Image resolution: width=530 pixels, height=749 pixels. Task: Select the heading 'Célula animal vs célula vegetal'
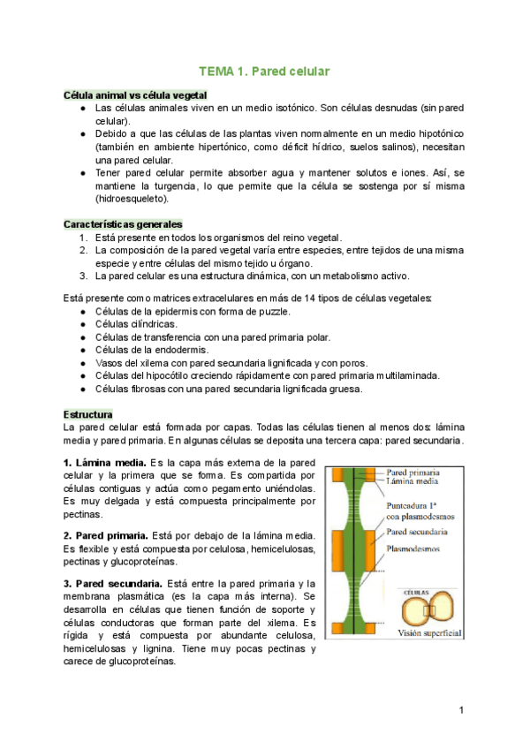(135, 95)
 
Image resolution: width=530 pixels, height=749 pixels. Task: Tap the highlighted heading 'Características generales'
(123, 224)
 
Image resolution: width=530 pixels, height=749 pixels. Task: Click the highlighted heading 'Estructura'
(87, 413)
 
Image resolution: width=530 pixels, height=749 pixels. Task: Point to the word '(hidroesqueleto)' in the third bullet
(132, 200)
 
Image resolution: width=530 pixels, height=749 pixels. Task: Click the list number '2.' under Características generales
(83, 250)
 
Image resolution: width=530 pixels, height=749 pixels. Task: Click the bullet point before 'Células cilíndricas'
(82, 324)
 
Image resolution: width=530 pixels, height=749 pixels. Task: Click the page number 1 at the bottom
(461, 710)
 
